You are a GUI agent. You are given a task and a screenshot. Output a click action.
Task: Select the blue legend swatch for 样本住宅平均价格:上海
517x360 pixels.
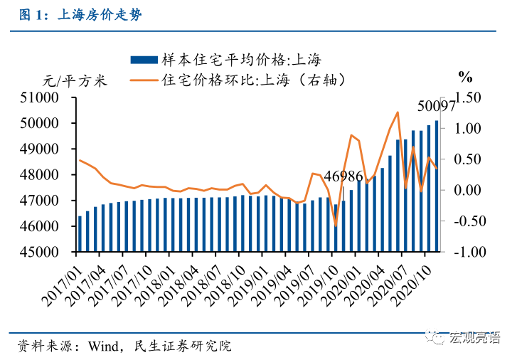pos(144,60)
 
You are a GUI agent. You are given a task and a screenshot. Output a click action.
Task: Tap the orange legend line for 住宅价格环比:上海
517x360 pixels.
pos(144,80)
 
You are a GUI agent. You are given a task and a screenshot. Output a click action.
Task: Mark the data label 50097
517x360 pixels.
pos(436,106)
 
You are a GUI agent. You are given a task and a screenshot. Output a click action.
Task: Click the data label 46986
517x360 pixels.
pos(343,176)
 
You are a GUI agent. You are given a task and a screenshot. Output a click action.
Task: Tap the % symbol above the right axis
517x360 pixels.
pos(465,77)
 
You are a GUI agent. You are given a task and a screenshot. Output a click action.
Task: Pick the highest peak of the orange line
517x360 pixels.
pos(398,112)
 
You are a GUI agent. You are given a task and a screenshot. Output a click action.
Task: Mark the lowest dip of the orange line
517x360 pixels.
pos(336,226)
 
